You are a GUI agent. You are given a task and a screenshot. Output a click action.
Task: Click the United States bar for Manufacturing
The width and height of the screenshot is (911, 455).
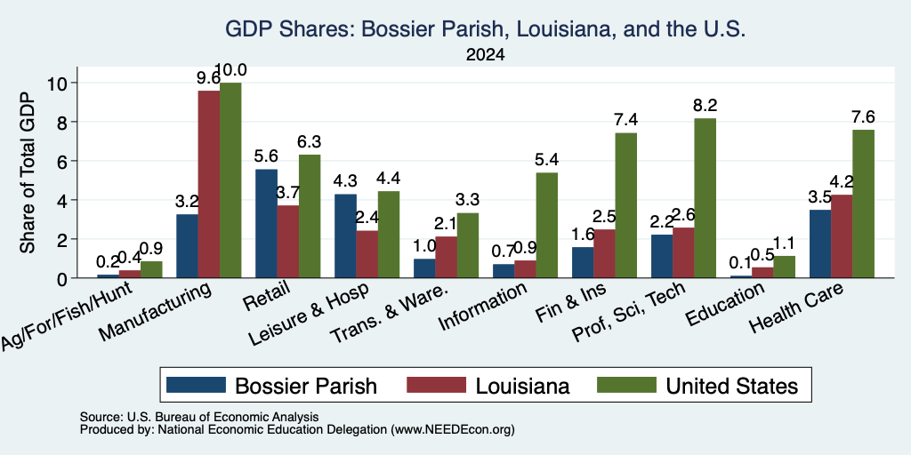[230, 180]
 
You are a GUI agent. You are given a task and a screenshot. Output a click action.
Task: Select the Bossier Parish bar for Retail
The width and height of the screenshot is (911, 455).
[266, 223]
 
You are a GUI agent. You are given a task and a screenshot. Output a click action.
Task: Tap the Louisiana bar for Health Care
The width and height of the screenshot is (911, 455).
[842, 236]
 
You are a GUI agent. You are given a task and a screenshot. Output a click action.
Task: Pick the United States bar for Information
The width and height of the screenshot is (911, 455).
[547, 225]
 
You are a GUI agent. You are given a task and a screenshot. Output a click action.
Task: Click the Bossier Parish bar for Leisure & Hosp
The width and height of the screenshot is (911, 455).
[345, 235]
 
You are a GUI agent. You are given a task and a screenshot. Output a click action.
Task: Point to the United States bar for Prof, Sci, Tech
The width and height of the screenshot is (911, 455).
[705, 198]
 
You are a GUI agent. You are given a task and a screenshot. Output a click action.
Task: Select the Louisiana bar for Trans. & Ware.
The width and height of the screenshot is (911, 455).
[447, 257]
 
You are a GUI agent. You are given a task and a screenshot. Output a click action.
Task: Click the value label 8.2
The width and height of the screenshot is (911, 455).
[705, 106]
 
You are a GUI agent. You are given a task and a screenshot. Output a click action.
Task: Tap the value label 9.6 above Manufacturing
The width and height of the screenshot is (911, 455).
[208, 78]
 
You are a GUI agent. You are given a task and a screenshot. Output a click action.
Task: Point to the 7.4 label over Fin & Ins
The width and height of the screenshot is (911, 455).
[626, 120]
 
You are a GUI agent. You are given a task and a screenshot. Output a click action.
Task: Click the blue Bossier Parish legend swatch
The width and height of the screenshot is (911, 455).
[196, 385]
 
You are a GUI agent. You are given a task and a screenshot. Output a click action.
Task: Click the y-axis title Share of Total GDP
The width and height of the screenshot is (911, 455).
[28, 172]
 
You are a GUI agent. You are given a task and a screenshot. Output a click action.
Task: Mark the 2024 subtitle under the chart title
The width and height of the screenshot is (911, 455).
[485, 55]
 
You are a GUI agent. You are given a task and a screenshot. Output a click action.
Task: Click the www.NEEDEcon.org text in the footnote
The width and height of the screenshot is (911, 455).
[453, 430]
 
